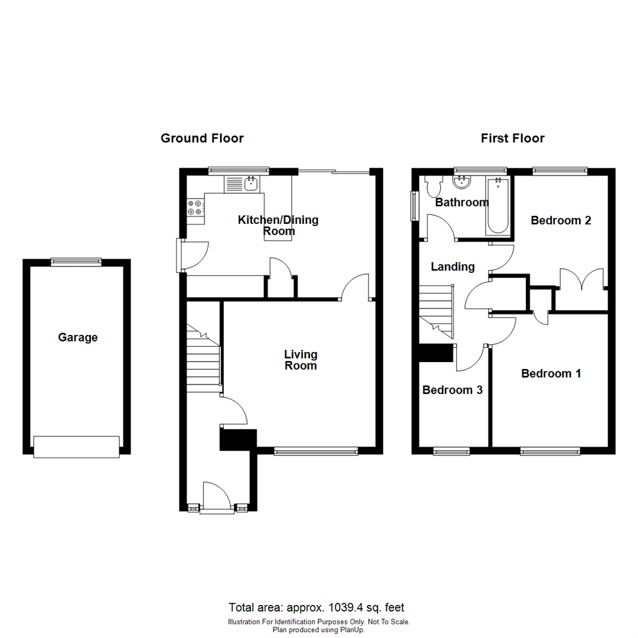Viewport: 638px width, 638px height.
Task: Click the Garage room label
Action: click(77, 338)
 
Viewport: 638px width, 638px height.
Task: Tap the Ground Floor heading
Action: click(202, 138)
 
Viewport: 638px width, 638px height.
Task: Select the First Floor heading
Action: click(512, 138)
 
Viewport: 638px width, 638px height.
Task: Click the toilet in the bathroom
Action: click(434, 186)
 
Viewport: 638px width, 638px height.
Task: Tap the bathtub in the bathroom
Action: click(497, 206)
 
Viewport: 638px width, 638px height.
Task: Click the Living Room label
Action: click(301, 360)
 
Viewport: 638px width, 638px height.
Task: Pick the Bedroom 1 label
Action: click(551, 373)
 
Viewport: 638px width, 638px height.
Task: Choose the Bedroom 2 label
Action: click(561, 220)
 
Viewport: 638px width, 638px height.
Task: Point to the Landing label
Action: click(453, 266)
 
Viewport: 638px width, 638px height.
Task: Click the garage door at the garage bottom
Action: click(77, 447)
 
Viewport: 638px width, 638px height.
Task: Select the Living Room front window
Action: click(316, 451)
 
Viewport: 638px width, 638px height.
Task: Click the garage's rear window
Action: click(76, 262)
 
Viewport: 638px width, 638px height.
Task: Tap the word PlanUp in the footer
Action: click(351, 630)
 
